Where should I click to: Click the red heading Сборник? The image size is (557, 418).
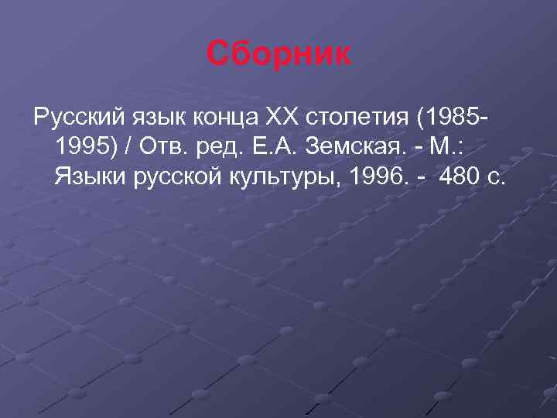(x=278, y=54)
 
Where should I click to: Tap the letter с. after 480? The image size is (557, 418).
(x=497, y=179)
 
